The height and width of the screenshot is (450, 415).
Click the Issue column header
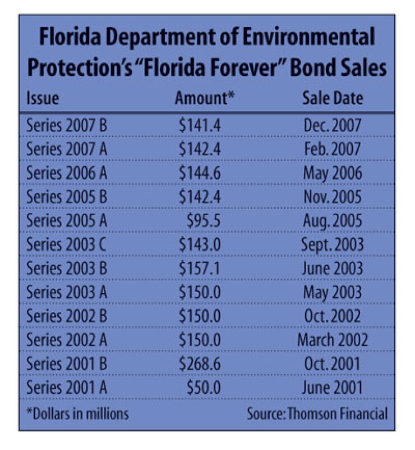(43, 98)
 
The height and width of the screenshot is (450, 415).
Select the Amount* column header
(205, 98)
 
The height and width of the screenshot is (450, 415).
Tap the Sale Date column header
(333, 98)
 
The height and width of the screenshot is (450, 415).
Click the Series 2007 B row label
(67, 125)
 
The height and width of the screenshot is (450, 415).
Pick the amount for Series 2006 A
(200, 173)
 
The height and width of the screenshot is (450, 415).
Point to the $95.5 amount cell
(204, 221)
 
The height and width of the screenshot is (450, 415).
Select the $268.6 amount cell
(200, 363)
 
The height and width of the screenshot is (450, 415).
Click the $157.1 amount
(199, 269)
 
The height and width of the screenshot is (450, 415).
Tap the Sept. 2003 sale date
(332, 245)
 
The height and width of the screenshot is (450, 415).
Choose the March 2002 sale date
(333, 340)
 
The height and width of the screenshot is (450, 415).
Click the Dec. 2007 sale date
(333, 125)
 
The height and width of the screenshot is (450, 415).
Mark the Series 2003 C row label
(66, 244)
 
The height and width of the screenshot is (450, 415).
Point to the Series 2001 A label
(67, 388)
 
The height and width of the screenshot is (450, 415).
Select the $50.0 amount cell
(204, 388)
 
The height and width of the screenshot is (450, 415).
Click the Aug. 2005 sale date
(333, 221)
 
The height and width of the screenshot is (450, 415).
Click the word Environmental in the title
(308, 37)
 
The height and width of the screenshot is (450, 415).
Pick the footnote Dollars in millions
(77, 414)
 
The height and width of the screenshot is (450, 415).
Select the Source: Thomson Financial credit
(317, 414)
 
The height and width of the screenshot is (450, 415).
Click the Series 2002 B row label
(67, 316)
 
